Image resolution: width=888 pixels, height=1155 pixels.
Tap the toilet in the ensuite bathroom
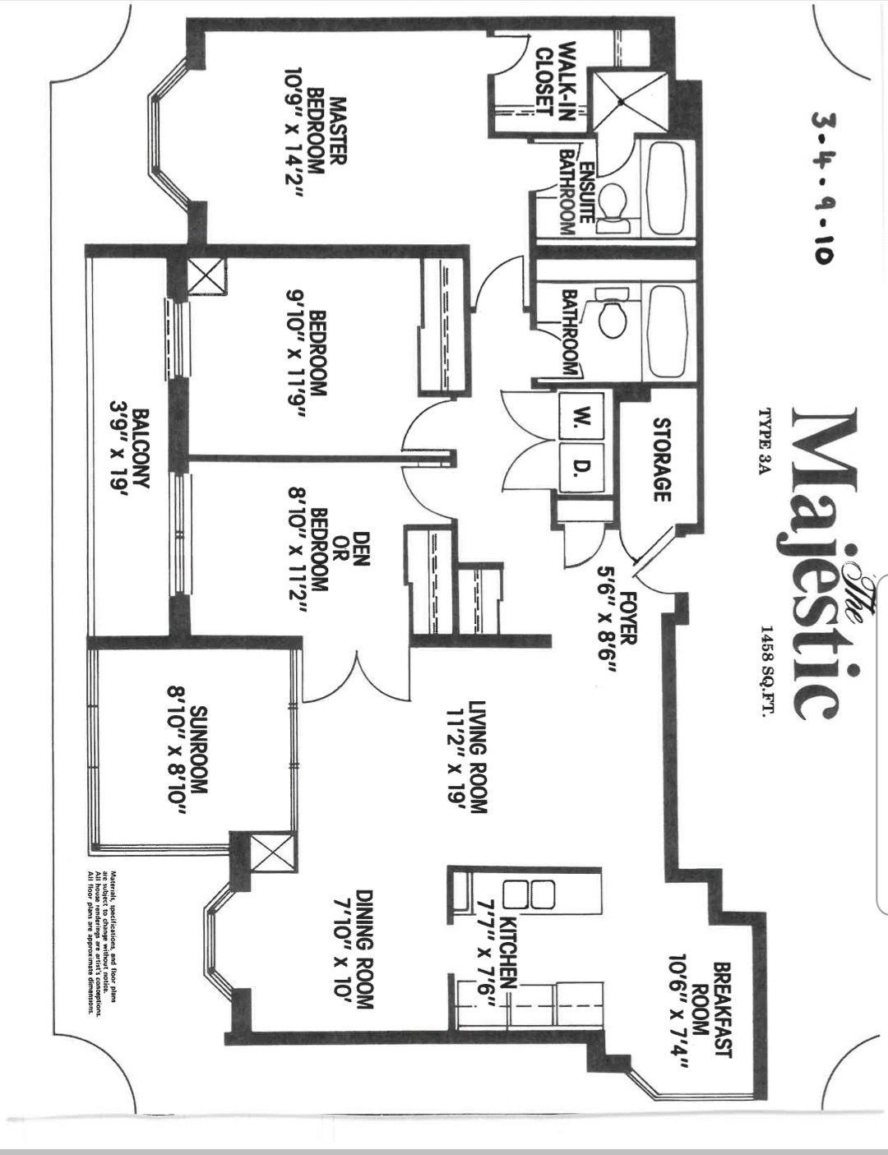613,205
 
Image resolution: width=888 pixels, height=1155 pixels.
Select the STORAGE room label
661,460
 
